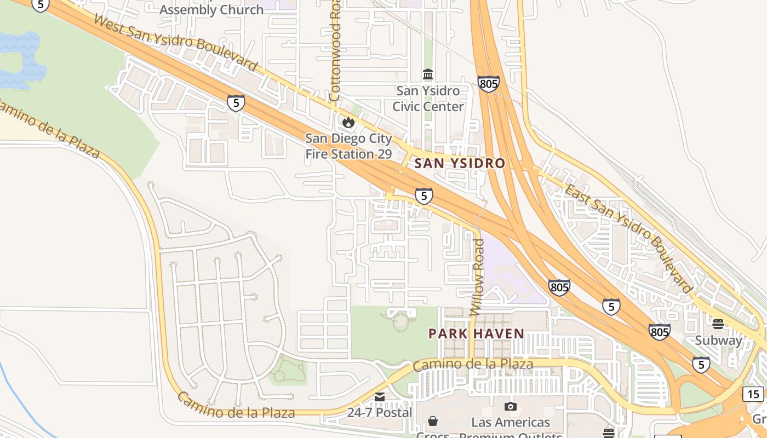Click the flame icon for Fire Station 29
[x=348, y=122]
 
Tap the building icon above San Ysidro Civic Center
[x=428, y=74]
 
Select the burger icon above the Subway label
[x=718, y=324]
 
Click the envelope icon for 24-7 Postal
[x=379, y=396]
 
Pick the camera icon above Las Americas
[x=511, y=406]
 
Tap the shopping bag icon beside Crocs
[x=433, y=421]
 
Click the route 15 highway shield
[x=753, y=394]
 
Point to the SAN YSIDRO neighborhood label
[x=460, y=163]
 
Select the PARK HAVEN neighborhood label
[x=476, y=333]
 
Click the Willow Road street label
[x=478, y=277]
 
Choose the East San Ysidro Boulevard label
[x=628, y=239]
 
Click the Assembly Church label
[x=211, y=10]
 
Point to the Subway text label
[x=718, y=340]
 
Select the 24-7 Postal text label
[x=379, y=412]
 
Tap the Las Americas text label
[x=511, y=422]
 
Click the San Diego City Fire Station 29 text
[x=348, y=146]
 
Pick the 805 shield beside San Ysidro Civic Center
[x=488, y=84]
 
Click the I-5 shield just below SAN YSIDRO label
[x=423, y=196]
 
